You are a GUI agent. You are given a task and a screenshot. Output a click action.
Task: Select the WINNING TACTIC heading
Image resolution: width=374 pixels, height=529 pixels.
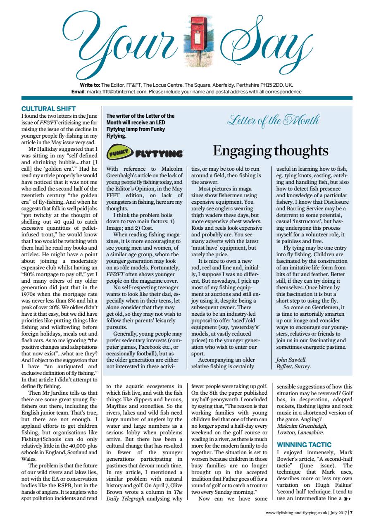tap(304, 445)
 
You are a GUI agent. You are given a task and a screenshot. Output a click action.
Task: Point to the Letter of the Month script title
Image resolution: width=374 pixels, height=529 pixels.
tap(273, 122)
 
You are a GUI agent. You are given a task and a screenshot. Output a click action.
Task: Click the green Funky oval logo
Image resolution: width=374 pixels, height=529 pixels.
tap(118, 154)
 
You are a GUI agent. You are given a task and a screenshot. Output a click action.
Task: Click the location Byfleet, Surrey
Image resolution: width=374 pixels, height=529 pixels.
tap(293, 366)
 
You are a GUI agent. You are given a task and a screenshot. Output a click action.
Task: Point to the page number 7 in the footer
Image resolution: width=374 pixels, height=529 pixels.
tap(351, 513)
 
